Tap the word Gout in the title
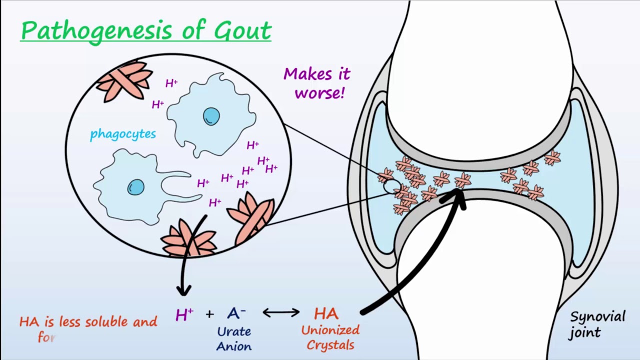click(x=242, y=31)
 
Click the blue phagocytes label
click(x=122, y=134)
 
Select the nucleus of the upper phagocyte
click(x=211, y=116)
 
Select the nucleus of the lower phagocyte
click(x=135, y=187)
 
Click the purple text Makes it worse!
click(x=317, y=83)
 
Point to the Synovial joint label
click(x=597, y=324)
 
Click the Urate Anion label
click(x=234, y=338)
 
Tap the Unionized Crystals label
click(x=330, y=337)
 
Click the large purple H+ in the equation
click(x=184, y=314)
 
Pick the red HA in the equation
click(x=326, y=313)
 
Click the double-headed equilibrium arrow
click(x=281, y=313)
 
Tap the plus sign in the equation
click(x=209, y=314)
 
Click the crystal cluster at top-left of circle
click(x=124, y=80)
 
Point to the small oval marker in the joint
click(x=391, y=187)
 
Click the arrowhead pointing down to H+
click(x=184, y=289)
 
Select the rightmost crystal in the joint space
click(x=552, y=157)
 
